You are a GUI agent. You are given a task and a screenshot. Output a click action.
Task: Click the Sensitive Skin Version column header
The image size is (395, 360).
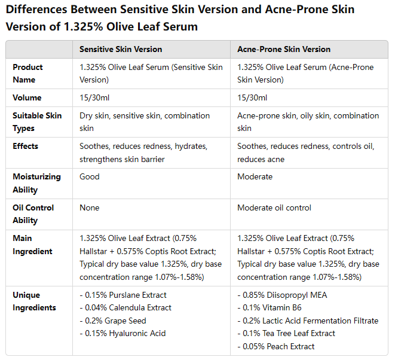[121, 49]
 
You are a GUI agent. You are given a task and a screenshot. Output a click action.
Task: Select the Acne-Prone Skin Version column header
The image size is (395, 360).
[284, 49]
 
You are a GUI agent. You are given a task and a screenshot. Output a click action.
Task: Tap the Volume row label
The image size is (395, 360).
[27, 97]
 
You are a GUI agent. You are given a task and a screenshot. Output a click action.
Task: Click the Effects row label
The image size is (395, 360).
[26, 147]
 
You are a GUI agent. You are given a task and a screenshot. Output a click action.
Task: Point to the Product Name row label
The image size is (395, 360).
[27, 74]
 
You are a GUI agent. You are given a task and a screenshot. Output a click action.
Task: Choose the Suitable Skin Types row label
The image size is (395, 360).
[37, 122]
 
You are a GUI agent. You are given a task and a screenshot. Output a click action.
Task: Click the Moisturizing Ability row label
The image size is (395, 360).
[37, 183]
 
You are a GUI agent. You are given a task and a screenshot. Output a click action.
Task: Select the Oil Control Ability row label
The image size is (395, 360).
[33, 213]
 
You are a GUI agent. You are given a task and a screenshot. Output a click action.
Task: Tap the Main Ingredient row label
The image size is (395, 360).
[32, 245]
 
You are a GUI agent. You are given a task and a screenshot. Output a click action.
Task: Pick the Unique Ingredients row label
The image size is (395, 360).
[34, 301]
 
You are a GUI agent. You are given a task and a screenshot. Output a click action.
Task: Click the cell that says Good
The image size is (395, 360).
[90, 176]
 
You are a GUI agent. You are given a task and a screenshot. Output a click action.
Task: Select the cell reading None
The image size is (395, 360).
[90, 208]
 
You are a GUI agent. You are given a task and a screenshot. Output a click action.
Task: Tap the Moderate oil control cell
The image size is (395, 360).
[274, 208]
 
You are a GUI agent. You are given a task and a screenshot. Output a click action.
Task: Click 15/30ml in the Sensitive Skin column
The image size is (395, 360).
[94, 97]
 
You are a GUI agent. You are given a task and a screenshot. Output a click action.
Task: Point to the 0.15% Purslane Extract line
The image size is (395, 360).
[123, 295]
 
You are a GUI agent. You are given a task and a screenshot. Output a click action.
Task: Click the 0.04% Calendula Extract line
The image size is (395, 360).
[125, 307]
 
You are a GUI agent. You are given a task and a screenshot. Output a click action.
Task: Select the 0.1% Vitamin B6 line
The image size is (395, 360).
[270, 307]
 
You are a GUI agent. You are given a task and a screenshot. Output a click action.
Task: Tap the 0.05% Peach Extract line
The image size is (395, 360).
[276, 346]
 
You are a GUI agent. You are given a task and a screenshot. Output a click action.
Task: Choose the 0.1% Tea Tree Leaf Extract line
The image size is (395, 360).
[286, 333]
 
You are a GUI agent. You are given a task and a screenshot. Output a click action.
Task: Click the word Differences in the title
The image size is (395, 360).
[36, 10]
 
